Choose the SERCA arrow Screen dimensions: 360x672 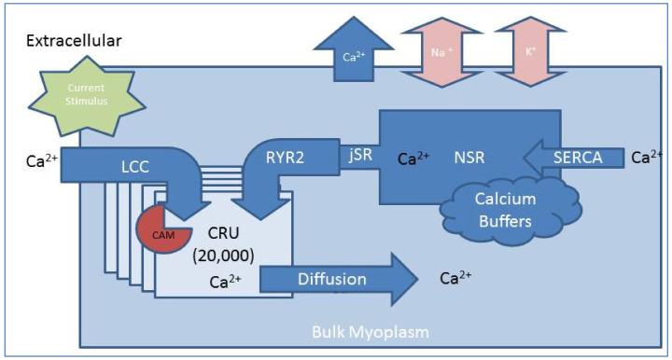pyautogui.click(x=577, y=159)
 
